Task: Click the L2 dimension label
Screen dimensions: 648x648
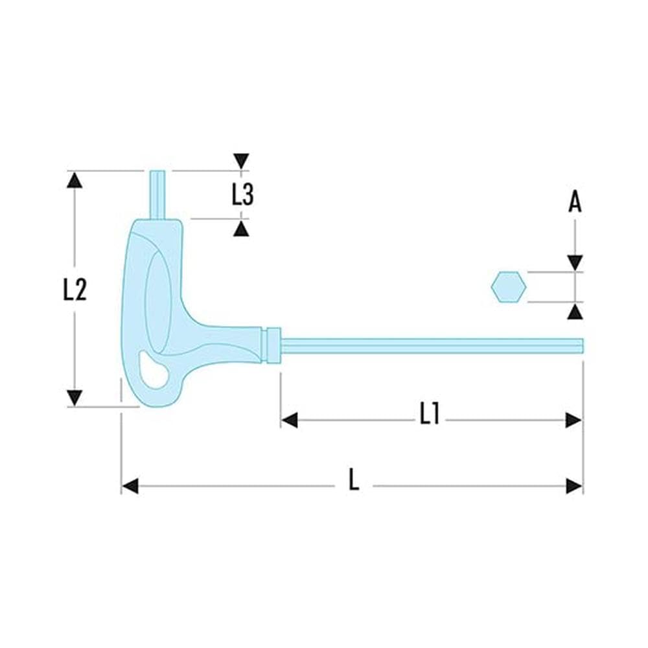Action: (75, 289)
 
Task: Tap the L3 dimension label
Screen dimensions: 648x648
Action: (242, 194)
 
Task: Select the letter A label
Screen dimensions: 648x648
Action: (575, 202)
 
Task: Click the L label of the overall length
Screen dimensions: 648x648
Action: (354, 480)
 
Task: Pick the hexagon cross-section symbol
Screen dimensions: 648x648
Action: (509, 287)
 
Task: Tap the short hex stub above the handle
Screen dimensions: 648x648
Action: (157, 194)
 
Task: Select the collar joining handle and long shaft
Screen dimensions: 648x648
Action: (273, 345)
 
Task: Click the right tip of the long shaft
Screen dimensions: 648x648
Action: (583, 346)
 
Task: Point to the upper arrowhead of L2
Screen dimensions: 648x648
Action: (75, 180)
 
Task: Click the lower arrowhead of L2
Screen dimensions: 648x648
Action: (75, 398)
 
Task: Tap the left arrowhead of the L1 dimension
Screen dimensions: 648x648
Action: (289, 421)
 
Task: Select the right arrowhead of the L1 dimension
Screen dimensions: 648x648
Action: (574, 421)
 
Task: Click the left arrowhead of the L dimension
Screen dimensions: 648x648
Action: (130, 486)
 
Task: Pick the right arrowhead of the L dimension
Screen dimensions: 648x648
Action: (574, 486)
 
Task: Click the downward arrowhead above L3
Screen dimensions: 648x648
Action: (241, 161)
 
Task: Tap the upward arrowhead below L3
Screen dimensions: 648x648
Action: (241, 229)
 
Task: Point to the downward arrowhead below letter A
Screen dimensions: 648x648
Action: (575, 263)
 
